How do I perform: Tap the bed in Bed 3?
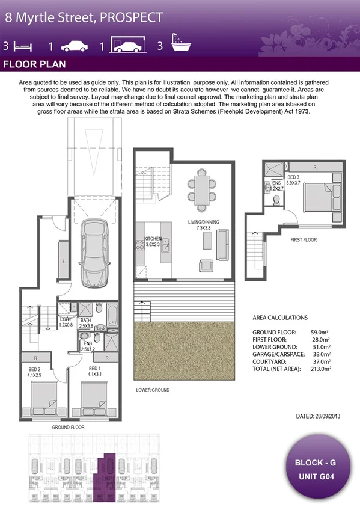point(317,195)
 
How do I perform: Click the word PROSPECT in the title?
point(131,17)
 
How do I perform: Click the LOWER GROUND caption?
point(152,390)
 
